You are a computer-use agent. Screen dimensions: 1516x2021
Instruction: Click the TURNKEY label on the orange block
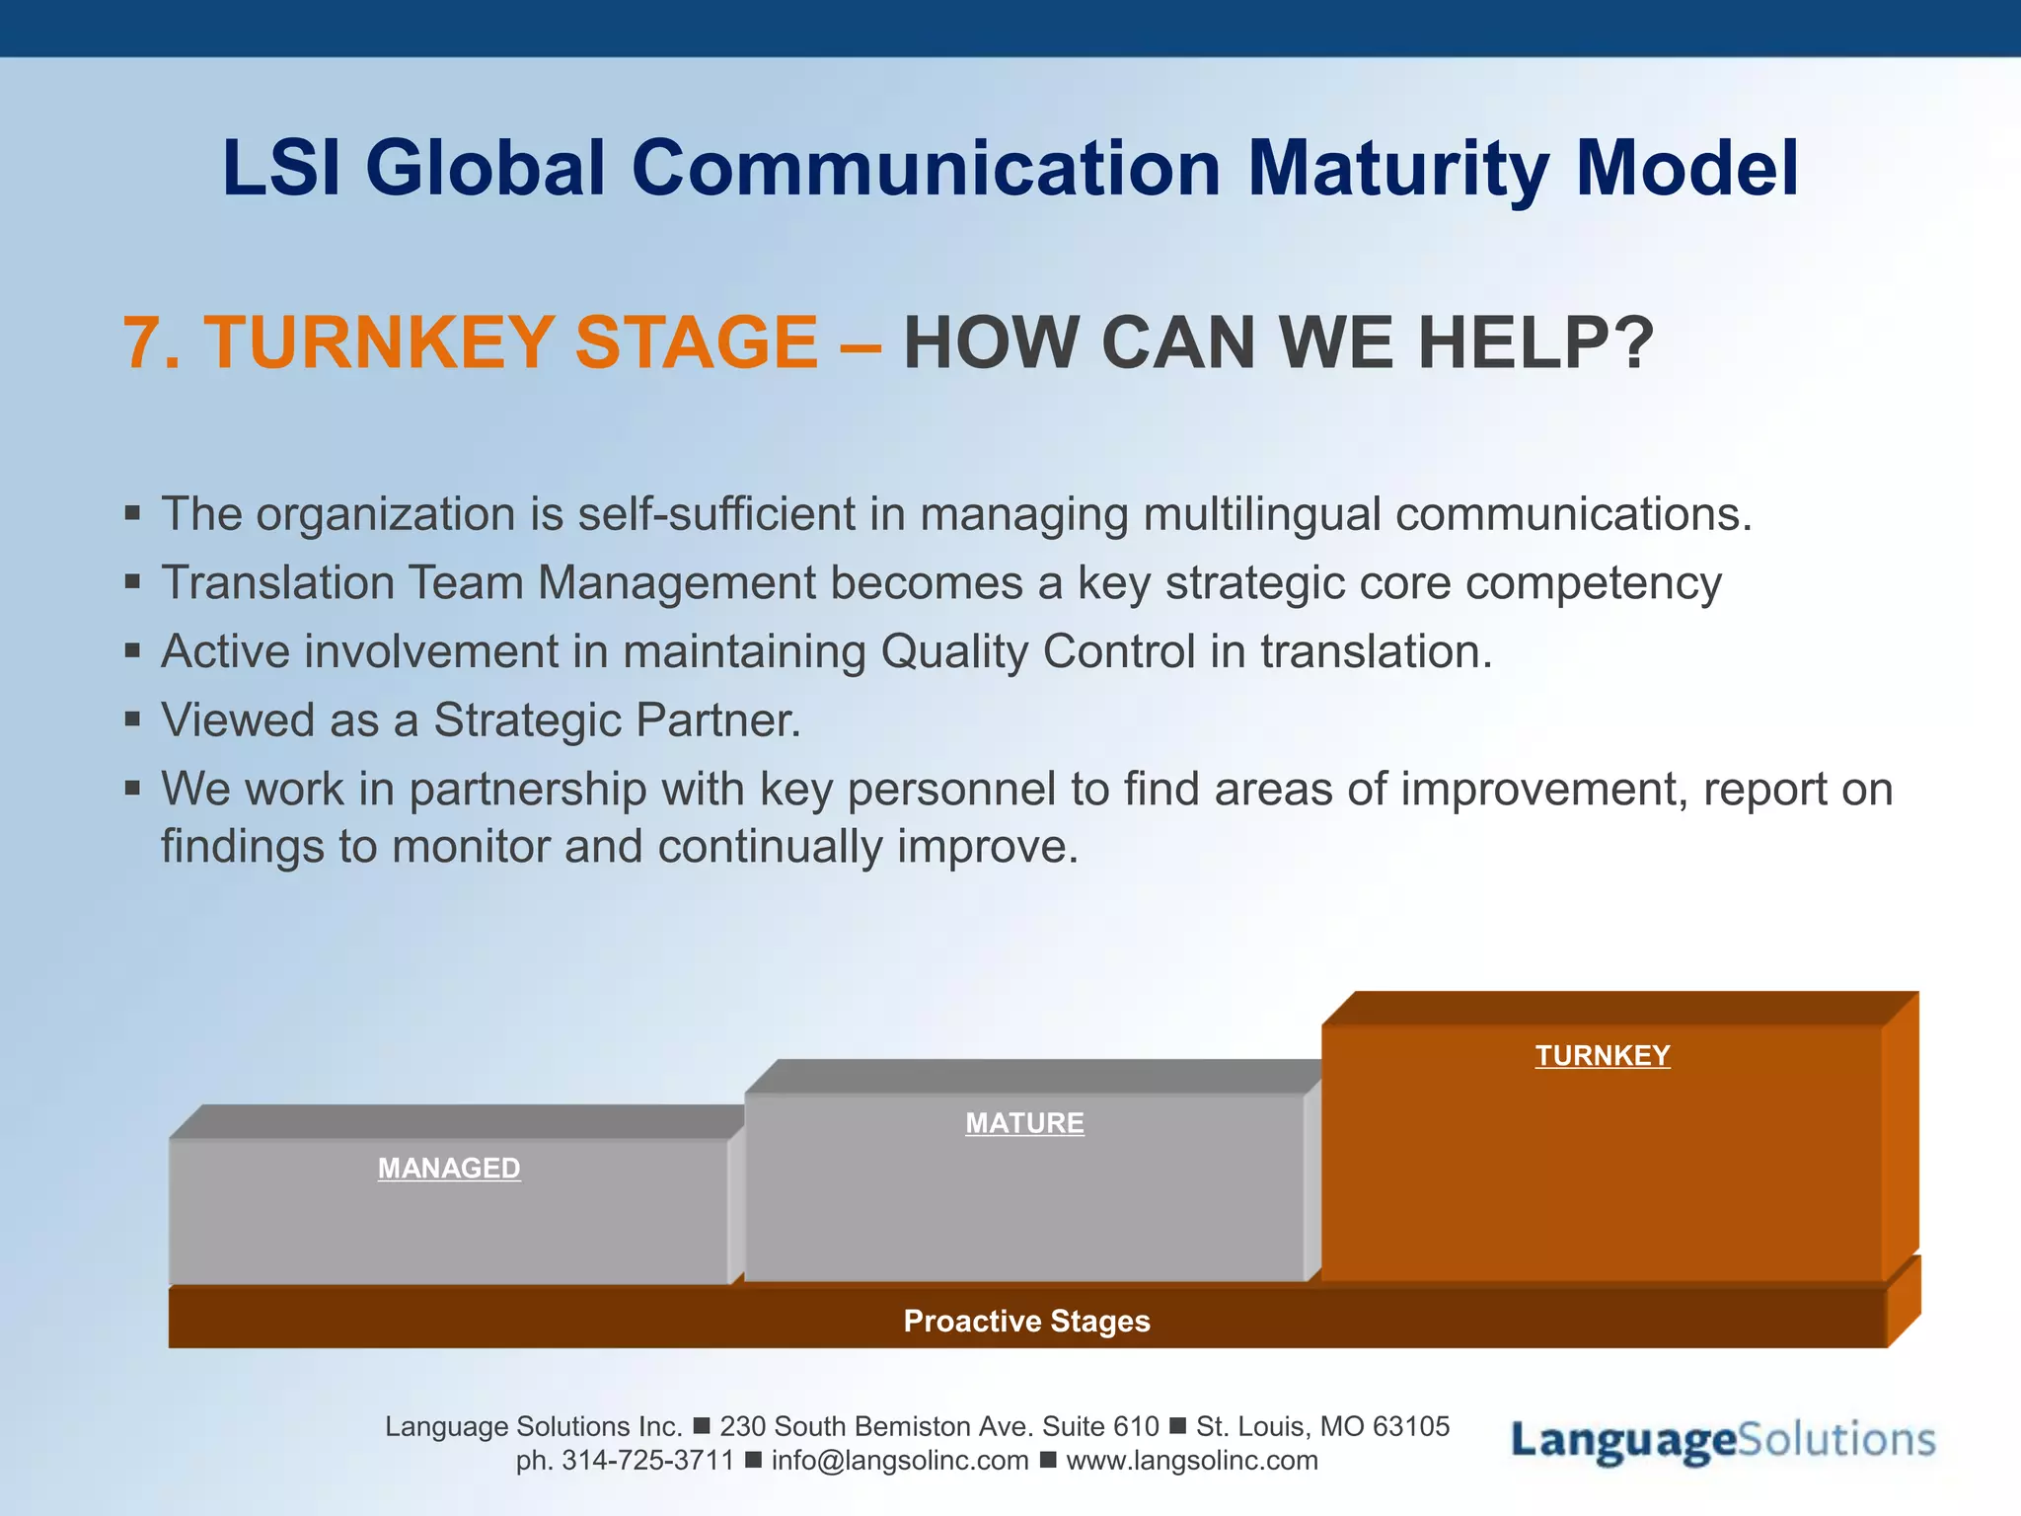(1602, 1055)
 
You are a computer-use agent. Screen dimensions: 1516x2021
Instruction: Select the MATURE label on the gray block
(1024, 1123)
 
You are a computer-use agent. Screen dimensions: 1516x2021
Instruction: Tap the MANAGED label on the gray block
(449, 1169)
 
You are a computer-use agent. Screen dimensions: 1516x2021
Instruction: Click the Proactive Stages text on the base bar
(1026, 1321)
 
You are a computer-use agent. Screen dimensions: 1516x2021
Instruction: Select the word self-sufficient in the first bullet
(716, 514)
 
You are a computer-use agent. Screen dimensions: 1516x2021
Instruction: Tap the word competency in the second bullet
(1593, 583)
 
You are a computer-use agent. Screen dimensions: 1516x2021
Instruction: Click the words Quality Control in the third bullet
(1038, 651)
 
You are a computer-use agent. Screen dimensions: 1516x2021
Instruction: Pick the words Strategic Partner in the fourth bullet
(616, 720)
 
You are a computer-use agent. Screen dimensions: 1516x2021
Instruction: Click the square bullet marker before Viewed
(133, 719)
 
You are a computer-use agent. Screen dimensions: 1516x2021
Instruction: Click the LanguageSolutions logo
(1723, 1441)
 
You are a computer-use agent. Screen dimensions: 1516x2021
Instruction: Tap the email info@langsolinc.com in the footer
(899, 1461)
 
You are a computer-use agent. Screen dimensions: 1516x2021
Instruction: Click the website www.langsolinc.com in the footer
(1191, 1461)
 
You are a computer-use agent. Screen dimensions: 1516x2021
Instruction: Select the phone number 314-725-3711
(647, 1461)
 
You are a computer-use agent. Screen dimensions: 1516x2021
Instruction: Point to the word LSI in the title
(281, 170)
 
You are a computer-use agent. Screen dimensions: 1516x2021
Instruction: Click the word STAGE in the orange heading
(696, 343)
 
